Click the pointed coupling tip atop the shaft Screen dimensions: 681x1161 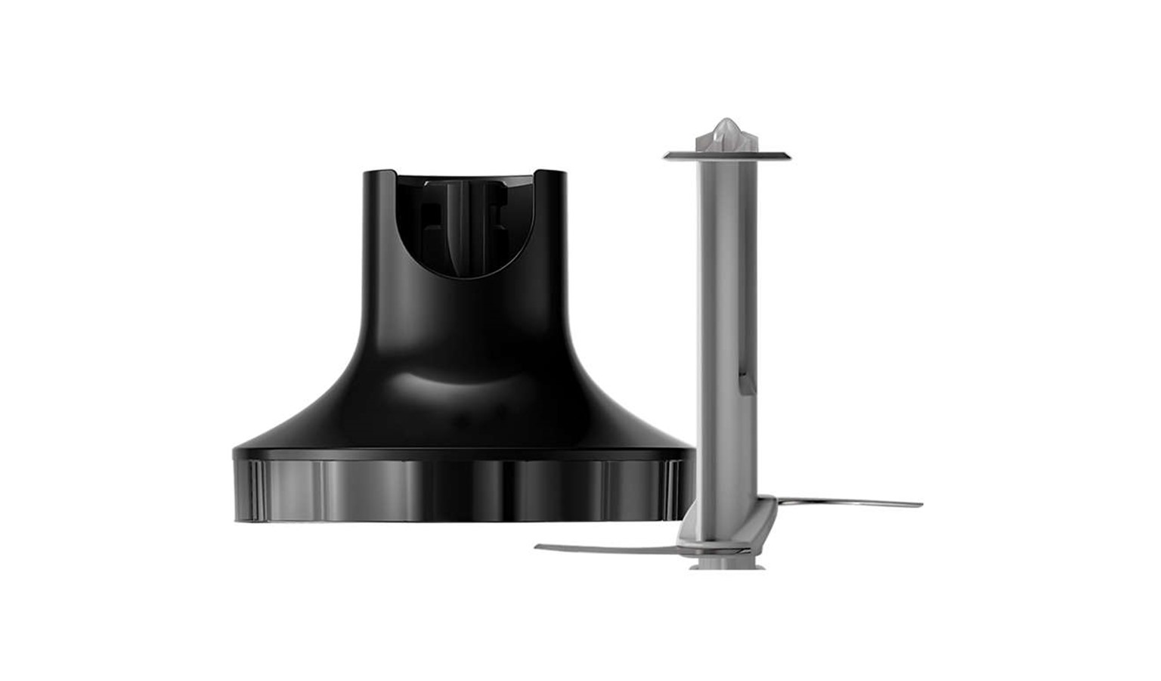(x=728, y=130)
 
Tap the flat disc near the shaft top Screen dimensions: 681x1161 (x=728, y=156)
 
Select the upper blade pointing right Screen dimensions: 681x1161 (x=847, y=502)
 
